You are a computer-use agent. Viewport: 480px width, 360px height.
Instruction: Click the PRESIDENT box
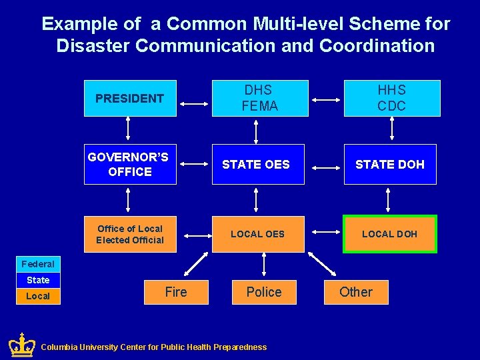click(130, 99)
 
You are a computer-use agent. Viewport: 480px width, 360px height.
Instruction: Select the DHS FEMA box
click(260, 98)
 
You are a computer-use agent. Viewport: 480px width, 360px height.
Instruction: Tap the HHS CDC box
click(392, 98)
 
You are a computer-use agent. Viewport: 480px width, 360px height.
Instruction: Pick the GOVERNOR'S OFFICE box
click(130, 164)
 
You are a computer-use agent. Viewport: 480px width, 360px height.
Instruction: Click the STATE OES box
click(258, 164)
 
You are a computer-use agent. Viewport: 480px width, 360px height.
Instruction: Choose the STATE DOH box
click(390, 164)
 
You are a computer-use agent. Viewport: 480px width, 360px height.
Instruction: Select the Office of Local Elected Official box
click(130, 234)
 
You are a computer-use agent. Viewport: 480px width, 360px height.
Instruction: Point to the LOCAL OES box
click(258, 234)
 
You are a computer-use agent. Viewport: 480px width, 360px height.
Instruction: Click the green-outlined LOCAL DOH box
click(390, 234)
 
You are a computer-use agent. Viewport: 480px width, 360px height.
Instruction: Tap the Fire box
click(176, 292)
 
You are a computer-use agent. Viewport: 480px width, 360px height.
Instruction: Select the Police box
click(264, 292)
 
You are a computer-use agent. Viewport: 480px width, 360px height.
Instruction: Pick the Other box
click(356, 292)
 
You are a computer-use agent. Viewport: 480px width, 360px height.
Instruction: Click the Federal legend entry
click(38, 264)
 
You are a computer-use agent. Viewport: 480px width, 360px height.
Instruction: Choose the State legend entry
click(38, 280)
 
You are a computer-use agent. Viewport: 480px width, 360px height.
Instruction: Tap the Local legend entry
click(38, 296)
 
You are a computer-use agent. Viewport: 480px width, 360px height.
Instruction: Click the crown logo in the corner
click(21, 345)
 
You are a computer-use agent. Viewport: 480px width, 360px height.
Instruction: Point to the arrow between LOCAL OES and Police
click(264, 265)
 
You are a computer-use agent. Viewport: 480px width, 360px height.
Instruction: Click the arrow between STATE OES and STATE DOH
click(325, 164)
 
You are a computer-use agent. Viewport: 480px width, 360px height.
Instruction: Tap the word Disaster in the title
click(89, 45)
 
